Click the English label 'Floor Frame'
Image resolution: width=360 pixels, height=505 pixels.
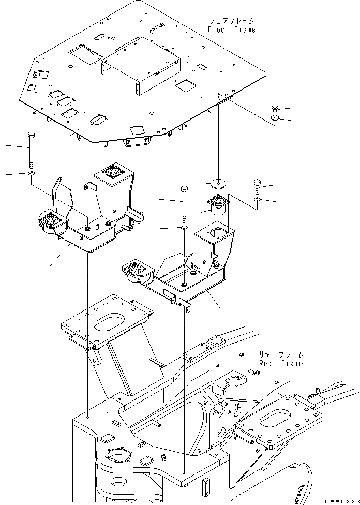tap(231, 29)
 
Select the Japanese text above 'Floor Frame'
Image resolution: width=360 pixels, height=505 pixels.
tap(231, 21)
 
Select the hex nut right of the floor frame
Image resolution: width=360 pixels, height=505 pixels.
tap(275, 109)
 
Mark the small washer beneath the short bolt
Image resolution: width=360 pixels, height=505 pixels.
tap(257, 199)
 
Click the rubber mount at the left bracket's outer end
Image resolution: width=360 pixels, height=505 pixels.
tap(49, 221)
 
